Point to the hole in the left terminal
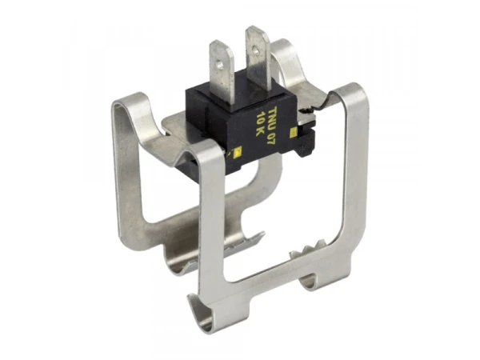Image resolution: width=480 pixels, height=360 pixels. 219,64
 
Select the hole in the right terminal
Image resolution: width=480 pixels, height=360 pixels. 255,49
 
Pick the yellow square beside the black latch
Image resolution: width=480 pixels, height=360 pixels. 294,132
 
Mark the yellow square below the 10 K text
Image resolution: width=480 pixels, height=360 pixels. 238,150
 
